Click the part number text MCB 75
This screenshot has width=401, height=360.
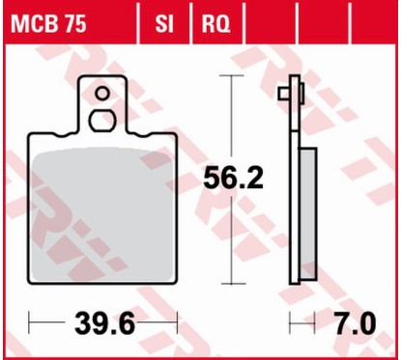[45, 20]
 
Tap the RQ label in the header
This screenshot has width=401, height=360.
[215, 20]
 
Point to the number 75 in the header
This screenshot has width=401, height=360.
[71, 20]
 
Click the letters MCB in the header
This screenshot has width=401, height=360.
[32, 20]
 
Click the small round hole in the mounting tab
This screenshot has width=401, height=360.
[101, 95]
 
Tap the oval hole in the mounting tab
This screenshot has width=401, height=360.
[101, 120]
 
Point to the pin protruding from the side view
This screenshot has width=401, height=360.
[282, 94]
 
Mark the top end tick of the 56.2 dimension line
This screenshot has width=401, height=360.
[229, 74]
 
